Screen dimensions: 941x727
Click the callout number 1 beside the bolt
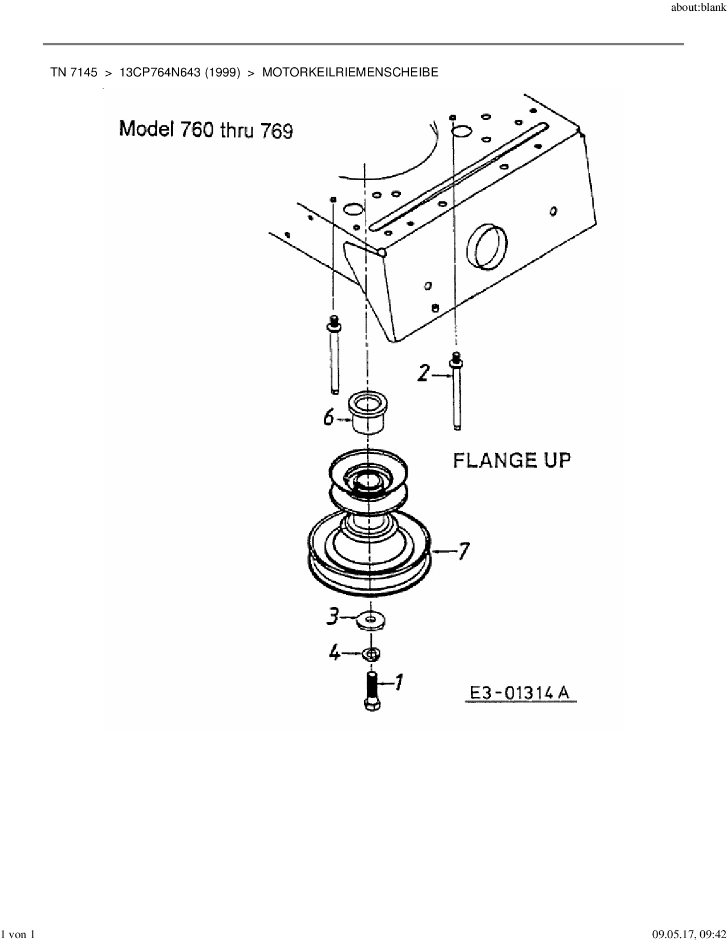pos(399,682)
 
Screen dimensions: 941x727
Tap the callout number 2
pos(423,374)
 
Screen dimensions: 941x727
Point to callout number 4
pos(335,652)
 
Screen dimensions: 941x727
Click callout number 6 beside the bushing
pos(328,418)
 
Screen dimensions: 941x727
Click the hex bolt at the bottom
pos(372,692)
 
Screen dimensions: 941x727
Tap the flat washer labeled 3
pos(371,619)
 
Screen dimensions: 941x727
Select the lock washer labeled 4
pos(372,654)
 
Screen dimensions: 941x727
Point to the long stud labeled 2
pos(456,394)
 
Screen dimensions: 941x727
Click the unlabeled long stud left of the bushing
pos(334,356)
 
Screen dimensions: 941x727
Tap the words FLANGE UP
pos(511,460)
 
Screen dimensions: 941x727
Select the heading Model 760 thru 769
pos(206,129)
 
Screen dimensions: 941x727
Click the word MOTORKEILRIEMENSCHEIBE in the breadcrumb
pos(350,72)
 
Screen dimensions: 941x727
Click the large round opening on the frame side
pos(486,246)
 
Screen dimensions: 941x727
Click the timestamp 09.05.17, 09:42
pos(689,934)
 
